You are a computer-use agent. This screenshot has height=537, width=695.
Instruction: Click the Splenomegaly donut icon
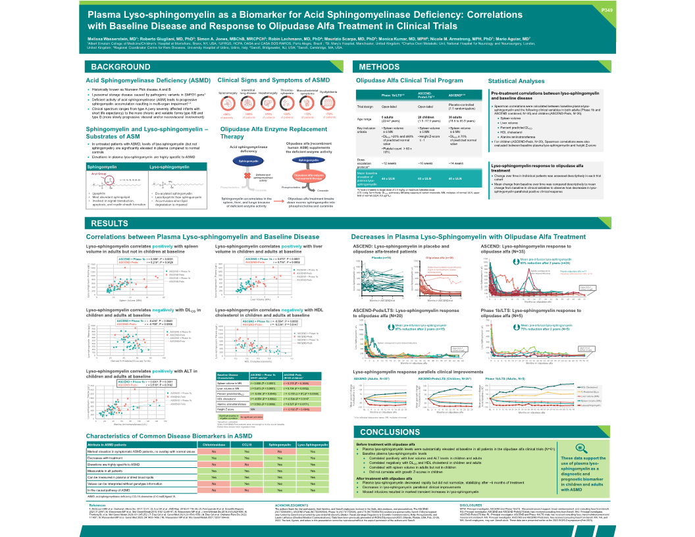[x=228, y=104]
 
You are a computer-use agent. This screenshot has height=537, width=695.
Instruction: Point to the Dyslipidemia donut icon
[x=330, y=104]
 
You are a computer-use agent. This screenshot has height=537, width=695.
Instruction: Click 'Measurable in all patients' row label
[x=113, y=471]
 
